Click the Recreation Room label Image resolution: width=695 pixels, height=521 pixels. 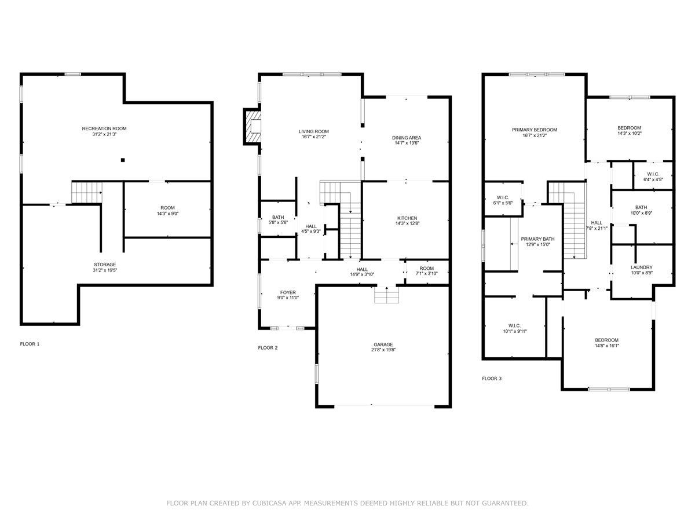104,129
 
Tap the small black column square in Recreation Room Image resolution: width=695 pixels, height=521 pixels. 123,160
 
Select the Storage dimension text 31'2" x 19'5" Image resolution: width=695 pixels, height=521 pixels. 105,270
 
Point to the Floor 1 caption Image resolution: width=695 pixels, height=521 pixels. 30,344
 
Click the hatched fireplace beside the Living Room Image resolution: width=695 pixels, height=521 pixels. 253,127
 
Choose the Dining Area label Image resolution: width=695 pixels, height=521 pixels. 407,138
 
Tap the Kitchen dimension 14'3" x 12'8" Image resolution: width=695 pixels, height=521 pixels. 407,223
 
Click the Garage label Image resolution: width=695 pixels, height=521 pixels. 383,344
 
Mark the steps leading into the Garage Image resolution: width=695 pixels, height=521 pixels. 386,295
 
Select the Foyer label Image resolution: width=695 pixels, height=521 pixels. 288,292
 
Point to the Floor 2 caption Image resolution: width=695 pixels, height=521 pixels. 268,348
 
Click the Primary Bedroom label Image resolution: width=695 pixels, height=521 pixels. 535,130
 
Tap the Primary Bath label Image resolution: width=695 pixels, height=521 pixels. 537,239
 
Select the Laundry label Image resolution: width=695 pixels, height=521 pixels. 642,267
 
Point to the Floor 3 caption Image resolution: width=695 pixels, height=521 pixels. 492,379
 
